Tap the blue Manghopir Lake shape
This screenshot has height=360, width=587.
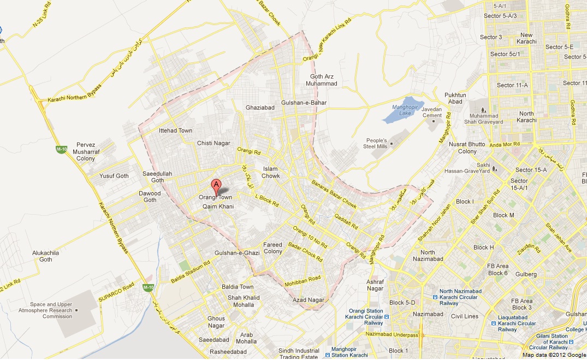pyautogui.click(x=399, y=114)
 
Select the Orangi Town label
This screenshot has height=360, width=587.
pyautogui.click(x=215, y=197)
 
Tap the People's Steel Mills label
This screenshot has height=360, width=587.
pyautogui.click(x=376, y=144)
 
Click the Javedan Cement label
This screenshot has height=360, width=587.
pyautogui.click(x=431, y=112)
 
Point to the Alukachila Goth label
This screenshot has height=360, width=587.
pyautogui.click(x=45, y=256)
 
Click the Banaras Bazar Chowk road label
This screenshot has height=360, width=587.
pyautogui.click(x=334, y=192)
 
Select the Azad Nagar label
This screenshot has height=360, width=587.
pyautogui.click(x=309, y=300)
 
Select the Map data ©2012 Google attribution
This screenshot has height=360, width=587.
pyautogui.click(x=552, y=355)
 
